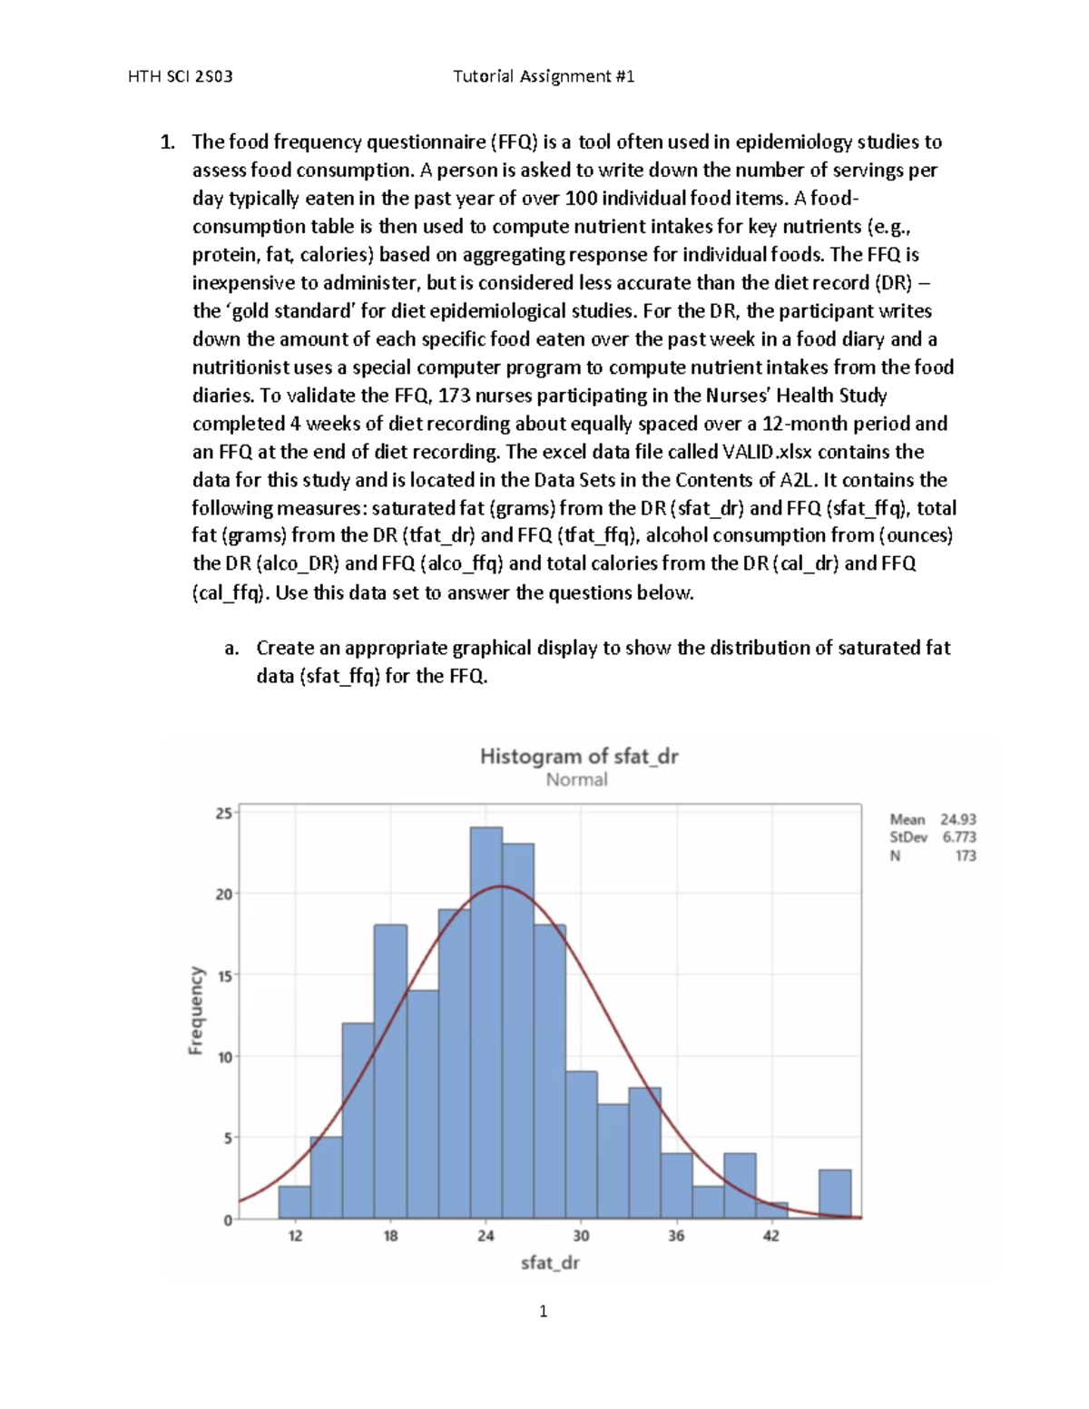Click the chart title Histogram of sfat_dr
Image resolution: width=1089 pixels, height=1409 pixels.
(578, 756)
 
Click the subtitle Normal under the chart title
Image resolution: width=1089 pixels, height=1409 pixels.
(576, 779)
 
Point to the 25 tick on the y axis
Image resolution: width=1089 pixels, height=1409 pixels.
(222, 813)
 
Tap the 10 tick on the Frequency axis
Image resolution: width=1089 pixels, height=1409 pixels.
(222, 1057)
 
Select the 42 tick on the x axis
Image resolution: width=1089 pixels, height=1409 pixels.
(770, 1236)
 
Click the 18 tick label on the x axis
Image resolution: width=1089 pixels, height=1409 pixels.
(390, 1236)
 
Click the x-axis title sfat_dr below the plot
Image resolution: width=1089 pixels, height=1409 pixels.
(549, 1262)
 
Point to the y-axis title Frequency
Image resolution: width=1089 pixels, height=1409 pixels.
(195, 1010)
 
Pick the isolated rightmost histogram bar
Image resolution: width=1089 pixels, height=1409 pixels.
(835, 1193)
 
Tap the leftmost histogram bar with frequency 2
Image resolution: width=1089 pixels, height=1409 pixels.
(294, 1202)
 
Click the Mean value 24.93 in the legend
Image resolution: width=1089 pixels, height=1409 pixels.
(957, 819)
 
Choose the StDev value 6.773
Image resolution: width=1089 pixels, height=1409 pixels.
(958, 837)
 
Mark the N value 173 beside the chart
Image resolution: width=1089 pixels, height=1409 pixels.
(965, 856)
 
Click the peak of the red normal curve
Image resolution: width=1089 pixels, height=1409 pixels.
(500, 886)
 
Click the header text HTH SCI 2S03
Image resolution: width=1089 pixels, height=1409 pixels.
(181, 76)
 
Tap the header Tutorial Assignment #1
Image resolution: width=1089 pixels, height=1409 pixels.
(543, 76)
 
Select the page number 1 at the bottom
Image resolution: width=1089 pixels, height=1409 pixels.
(543, 1311)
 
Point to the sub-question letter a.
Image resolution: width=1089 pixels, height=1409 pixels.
(231, 648)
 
